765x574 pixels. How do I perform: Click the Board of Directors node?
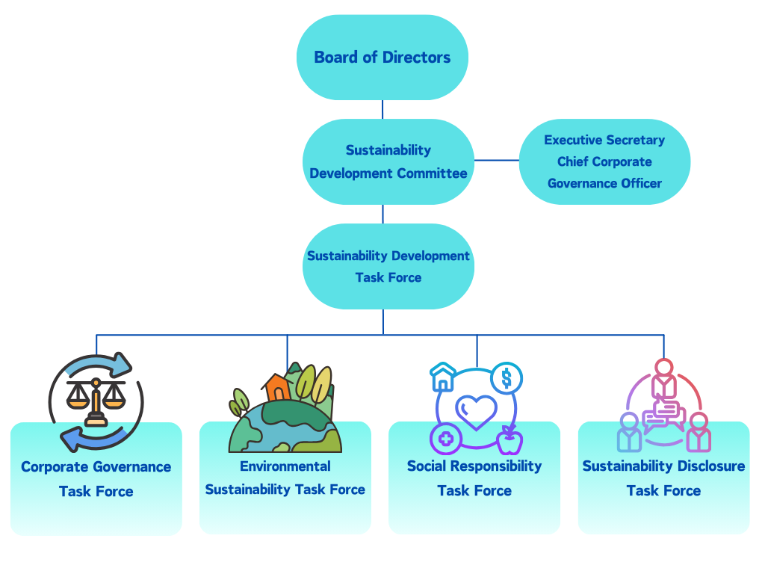pyautogui.click(x=382, y=58)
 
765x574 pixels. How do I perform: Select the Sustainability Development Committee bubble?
pyautogui.click(x=388, y=161)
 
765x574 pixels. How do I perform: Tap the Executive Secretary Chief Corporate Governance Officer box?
pyautogui.click(x=604, y=161)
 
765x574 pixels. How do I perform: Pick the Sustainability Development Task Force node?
pyautogui.click(x=388, y=266)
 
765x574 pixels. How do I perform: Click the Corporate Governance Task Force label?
pyautogui.click(x=96, y=479)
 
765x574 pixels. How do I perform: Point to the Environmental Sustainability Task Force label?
pyautogui.click(x=285, y=478)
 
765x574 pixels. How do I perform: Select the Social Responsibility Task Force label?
pyautogui.click(x=474, y=478)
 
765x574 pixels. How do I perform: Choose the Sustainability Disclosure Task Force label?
pyautogui.click(x=663, y=478)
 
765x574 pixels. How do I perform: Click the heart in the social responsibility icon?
pyautogui.click(x=476, y=412)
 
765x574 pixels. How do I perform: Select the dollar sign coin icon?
pyautogui.click(x=507, y=379)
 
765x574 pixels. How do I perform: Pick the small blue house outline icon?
pyautogui.click(x=443, y=377)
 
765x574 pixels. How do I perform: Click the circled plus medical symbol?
pyautogui.click(x=446, y=439)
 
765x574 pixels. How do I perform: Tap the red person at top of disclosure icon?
pyautogui.click(x=663, y=378)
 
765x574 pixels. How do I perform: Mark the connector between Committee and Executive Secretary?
pyautogui.click(x=497, y=161)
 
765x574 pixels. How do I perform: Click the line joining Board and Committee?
pyautogui.click(x=382, y=109)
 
